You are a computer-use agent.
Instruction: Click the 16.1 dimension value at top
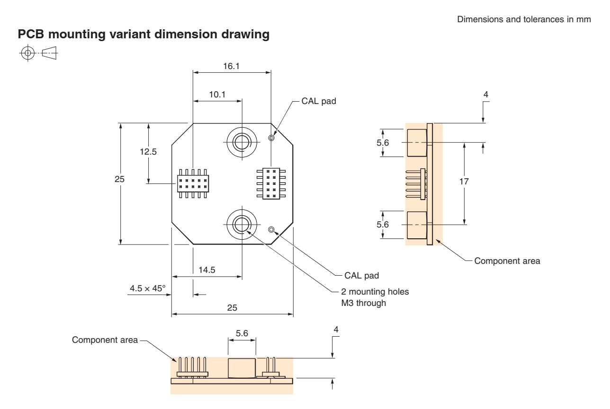pyautogui.click(x=232, y=67)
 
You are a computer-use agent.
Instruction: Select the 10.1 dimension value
pyautogui.click(x=217, y=94)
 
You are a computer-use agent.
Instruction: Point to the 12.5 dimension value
pyautogui.click(x=136, y=152)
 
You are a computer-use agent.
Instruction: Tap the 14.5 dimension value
pyautogui.click(x=207, y=270)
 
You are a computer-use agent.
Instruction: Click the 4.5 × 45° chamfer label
pyautogui.click(x=146, y=287)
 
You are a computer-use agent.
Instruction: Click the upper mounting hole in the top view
pyautogui.click(x=242, y=140)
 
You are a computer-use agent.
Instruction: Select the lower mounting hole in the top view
pyautogui.click(x=242, y=222)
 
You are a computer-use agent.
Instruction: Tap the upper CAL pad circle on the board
pyautogui.click(x=271, y=138)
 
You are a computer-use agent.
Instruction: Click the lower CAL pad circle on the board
pyautogui.click(x=271, y=230)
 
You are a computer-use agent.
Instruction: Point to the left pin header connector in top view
pyautogui.click(x=193, y=181)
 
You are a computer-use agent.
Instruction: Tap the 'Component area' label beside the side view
pyautogui.click(x=507, y=261)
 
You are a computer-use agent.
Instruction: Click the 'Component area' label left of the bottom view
pyautogui.click(x=105, y=339)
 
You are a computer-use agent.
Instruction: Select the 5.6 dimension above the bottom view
pyautogui.click(x=242, y=333)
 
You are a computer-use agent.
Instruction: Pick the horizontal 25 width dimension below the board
pyautogui.click(x=232, y=307)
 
